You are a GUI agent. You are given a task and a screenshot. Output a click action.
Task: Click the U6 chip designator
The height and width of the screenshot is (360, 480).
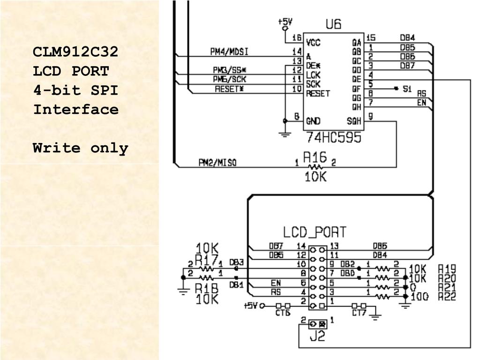[x=333, y=24]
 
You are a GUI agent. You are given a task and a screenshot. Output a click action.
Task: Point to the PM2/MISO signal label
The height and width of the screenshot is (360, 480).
[x=217, y=163]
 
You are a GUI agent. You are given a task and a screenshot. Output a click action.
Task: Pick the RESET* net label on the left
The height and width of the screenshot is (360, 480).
[x=230, y=89]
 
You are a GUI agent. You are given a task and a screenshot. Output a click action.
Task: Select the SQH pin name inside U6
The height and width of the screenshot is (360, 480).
[x=354, y=121]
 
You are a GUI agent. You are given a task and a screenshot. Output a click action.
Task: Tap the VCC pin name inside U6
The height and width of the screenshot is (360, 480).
[x=313, y=43]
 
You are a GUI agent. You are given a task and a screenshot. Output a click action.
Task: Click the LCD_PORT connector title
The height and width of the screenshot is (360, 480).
[x=315, y=232]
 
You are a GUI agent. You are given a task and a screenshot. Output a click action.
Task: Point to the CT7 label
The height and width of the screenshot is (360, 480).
[x=359, y=313]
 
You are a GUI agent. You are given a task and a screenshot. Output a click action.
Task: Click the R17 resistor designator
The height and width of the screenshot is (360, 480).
[x=206, y=260]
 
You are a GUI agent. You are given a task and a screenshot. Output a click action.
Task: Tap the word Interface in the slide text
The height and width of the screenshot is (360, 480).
[x=75, y=110]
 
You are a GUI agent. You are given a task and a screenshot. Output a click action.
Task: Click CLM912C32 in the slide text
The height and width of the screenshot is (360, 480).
[x=75, y=52]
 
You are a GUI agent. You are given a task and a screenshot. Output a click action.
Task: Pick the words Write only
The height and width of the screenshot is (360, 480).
[x=80, y=148]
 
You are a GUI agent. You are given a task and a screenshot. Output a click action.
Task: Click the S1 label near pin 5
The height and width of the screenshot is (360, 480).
[x=407, y=88]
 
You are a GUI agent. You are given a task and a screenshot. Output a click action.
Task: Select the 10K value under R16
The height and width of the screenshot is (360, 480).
[x=315, y=176]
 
